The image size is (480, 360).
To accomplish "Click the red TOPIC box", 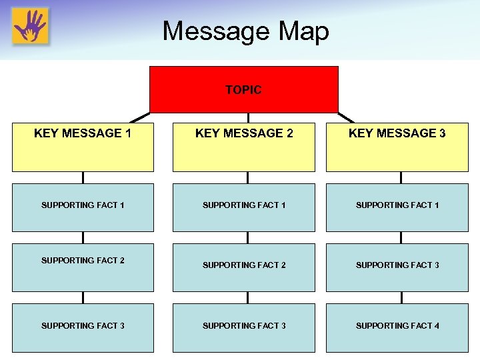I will tap(243, 89).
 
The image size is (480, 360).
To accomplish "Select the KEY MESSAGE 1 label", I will tap(83, 133).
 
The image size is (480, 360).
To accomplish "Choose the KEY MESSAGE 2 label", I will tap(244, 133).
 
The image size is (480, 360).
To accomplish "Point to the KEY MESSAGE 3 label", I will tap(397, 133).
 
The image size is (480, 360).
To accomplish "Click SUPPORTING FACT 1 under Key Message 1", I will tap(83, 205).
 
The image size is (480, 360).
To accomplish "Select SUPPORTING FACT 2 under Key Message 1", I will tap(83, 261).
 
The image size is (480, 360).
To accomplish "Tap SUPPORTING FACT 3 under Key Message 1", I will tap(83, 326).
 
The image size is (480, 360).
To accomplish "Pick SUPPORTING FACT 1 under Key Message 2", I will tap(244, 205).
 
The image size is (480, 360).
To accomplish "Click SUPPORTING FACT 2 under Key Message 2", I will tap(244, 265).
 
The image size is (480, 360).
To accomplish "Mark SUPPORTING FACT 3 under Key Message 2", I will tap(244, 326).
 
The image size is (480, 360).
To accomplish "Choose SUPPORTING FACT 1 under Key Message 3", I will tap(397, 205).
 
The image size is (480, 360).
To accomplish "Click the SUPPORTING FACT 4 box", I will tap(397, 326).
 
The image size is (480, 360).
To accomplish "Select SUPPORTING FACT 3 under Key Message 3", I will tap(397, 265).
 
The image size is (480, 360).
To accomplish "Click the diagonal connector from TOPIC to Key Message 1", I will tap(139, 117).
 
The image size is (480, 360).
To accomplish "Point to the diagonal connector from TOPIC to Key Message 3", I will tap(346, 117).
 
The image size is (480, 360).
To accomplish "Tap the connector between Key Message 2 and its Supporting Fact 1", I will tap(247, 177).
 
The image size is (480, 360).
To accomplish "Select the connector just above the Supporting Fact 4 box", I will tap(401, 297).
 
